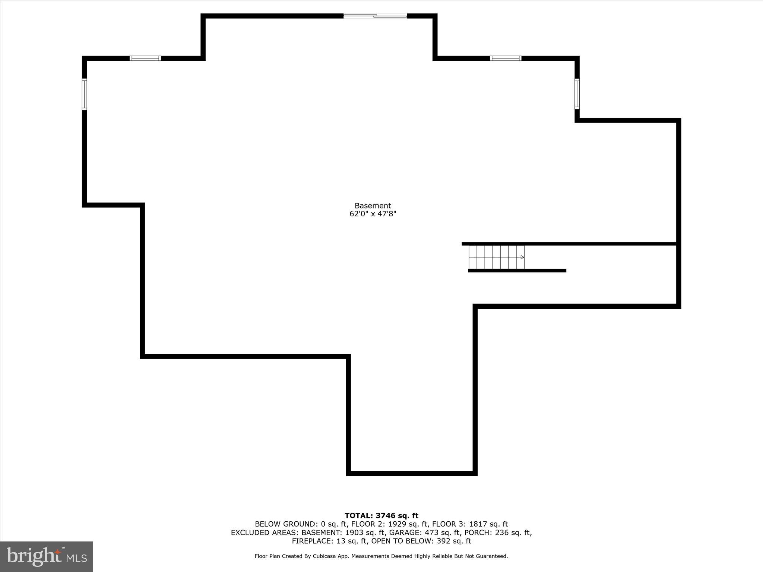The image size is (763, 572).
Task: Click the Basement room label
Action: (373, 206)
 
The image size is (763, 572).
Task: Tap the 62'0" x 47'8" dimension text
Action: (373, 214)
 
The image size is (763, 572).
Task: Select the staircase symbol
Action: (496, 257)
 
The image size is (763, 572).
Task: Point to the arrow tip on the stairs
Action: (524, 257)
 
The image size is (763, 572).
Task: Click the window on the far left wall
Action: (85, 94)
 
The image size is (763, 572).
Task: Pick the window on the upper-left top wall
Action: (145, 58)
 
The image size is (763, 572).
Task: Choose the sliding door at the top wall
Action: (375, 16)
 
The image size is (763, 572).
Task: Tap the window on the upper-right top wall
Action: (506, 58)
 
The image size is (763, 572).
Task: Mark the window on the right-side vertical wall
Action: (577, 94)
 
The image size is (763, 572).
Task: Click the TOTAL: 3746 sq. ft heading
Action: (381, 516)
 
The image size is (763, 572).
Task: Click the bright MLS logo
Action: (47, 556)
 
